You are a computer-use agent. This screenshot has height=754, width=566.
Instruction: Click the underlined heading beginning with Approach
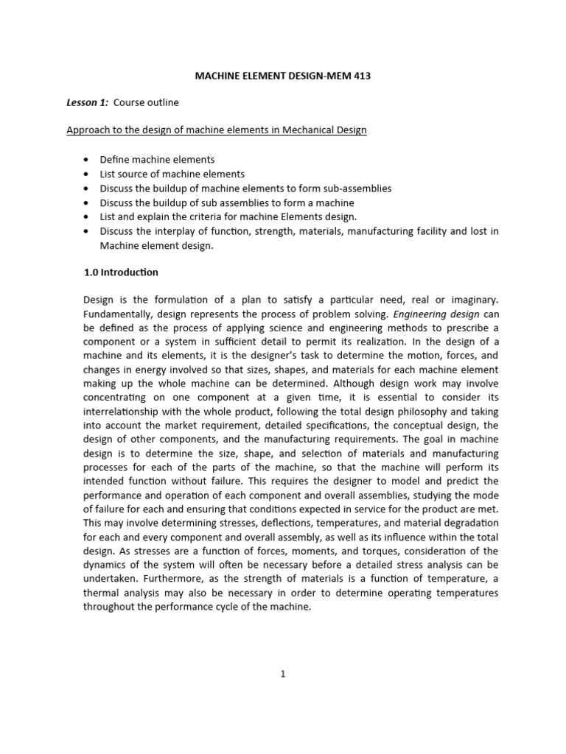tap(217, 130)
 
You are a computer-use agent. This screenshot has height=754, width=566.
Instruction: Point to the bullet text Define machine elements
tap(157, 160)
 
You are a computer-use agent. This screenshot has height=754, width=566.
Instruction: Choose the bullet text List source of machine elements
tap(172, 174)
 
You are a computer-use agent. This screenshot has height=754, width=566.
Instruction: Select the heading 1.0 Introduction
tap(121, 272)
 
